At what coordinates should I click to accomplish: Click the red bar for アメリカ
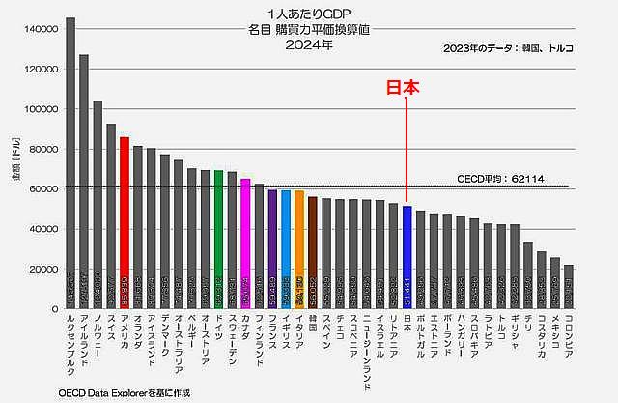click(x=125, y=222)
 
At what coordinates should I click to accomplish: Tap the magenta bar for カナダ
click(x=245, y=243)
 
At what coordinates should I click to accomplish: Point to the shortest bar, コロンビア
click(x=568, y=286)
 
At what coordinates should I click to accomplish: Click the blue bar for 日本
click(x=407, y=256)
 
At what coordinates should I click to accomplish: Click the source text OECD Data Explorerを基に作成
click(x=115, y=392)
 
